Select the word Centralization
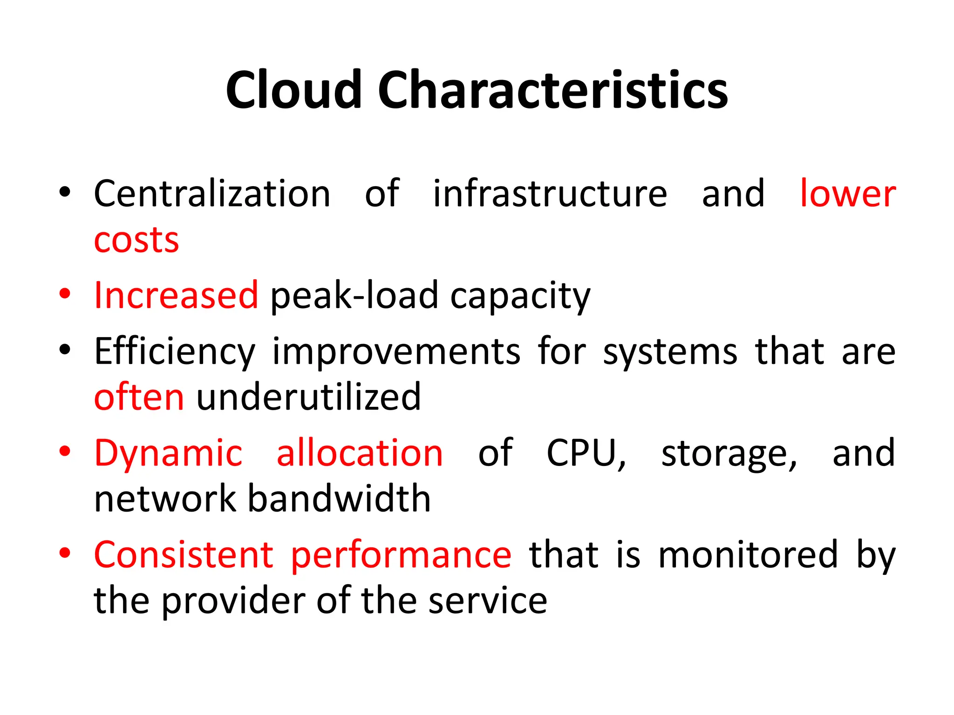pos(212,194)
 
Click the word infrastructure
pos(550,194)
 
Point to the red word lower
pos(847,194)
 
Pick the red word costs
pos(136,241)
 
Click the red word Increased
pos(176,295)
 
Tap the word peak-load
pos(354,296)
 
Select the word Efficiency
pos(175,352)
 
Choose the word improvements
pos(396,352)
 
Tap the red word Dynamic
pos(168,453)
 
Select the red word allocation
pos(360,453)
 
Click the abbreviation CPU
pos(586,453)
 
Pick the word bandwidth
pos(339,499)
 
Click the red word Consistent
pos(184,555)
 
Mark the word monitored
pos(748,555)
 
